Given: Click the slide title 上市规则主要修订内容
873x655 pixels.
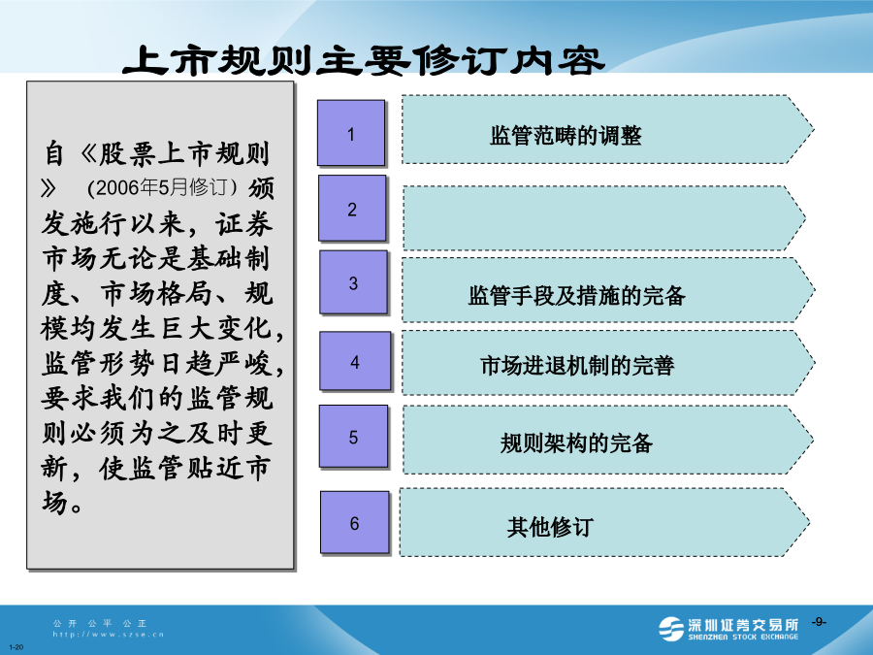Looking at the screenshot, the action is [364, 60].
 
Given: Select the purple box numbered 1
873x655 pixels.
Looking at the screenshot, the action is [351, 133].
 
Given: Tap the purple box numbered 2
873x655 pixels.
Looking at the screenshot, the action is [352, 209].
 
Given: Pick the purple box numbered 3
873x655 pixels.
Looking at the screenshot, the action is [353, 282].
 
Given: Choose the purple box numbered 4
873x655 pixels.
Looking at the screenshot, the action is [355, 361].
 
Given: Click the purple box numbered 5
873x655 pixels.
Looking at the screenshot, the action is [353, 436].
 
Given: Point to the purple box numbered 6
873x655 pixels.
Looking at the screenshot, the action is [354, 522].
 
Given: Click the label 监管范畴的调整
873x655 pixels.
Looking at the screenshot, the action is [566, 135].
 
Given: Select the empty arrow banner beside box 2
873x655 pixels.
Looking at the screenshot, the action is [604, 217].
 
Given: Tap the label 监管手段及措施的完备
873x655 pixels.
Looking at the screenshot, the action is [577, 295].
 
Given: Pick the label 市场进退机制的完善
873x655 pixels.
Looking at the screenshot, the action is [577, 366].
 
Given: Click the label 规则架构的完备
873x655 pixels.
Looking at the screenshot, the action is [576, 442].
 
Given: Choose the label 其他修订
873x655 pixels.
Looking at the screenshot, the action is [550, 526].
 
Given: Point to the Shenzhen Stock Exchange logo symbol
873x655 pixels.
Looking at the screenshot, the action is [671, 629].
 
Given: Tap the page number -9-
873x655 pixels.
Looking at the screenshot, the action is [819, 622].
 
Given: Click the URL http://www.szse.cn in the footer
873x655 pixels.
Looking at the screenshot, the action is [109, 634].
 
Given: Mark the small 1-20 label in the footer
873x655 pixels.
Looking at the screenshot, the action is [16, 647].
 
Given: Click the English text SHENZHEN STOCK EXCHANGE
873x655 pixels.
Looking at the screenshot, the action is [743, 637].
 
